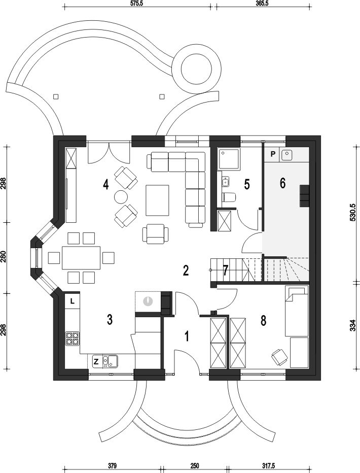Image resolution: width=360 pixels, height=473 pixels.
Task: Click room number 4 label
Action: click(105, 184)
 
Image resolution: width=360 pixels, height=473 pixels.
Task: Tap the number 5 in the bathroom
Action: click(247, 184)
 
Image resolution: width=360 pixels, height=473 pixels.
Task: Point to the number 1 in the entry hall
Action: click(187, 336)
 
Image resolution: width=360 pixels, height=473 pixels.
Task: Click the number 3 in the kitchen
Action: click(110, 319)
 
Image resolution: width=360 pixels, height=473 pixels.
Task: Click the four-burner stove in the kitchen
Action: click(73, 339)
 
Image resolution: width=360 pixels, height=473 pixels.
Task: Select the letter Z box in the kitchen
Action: click(95, 361)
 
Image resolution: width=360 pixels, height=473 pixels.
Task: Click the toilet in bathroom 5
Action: click(229, 197)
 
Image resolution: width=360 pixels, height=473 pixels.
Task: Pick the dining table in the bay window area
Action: click(81, 258)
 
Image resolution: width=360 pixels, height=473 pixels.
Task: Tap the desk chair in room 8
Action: click(278, 357)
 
